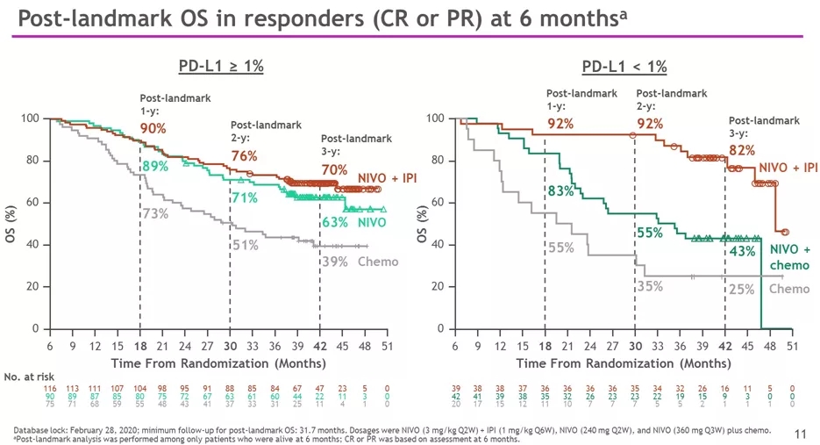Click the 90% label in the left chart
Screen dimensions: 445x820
click(x=153, y=129)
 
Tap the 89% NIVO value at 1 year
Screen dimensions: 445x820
click(x=154, y=166)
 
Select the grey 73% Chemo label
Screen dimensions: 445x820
click(x=155, y=213)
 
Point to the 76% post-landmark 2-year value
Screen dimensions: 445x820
click(x=244, y=156)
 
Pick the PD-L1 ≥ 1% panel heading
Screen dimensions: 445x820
click(x=221, y=67)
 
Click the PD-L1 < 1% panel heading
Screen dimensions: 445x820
click(x=624, y=67)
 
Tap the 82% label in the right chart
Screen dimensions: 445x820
click(x=743, y=150)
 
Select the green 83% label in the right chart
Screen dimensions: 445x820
click(x=560, y=190)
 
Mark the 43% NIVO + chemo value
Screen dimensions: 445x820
click(x=743, y=251)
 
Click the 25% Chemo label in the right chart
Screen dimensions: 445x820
click(x=741, y=290)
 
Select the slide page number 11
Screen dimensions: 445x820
click(x=800, y=433)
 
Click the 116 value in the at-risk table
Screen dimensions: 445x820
click(x=49, y=387)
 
